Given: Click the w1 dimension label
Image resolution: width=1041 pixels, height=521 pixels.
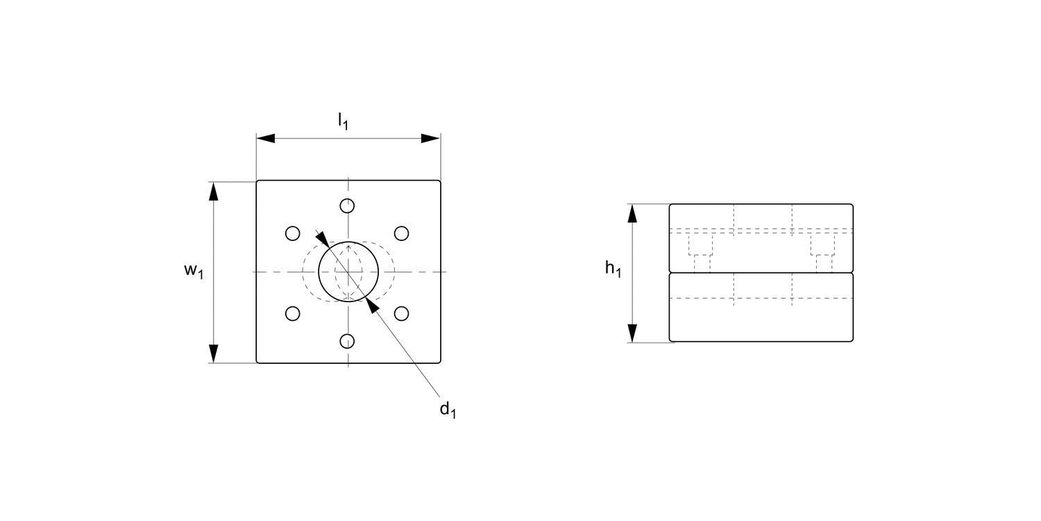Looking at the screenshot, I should [194, 272].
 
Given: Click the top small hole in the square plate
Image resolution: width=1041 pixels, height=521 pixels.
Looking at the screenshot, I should [348, 206].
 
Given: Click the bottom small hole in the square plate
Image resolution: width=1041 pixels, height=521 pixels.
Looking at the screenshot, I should [348, 340].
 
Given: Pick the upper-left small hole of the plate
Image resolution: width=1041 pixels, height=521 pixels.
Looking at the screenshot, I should [293, 233].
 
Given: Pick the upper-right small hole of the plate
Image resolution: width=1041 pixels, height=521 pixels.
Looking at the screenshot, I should [401, 233].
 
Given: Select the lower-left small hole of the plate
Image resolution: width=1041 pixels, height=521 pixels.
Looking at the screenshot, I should [293, 313].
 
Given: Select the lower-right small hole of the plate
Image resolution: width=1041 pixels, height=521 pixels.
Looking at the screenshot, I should [401, 313].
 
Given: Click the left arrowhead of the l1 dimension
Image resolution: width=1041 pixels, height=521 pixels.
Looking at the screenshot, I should [266, 139].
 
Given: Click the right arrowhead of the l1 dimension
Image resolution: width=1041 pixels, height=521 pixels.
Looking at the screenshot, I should [431, 139].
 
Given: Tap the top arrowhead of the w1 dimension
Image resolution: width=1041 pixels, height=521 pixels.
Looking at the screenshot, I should [214, 192].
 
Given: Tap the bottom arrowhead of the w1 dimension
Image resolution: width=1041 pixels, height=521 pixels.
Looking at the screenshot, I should [214, 353].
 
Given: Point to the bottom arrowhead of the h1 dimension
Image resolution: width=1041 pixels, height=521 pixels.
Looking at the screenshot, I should [632, 333].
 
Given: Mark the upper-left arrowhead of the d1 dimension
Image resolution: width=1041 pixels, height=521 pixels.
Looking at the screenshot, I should [323, 237].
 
